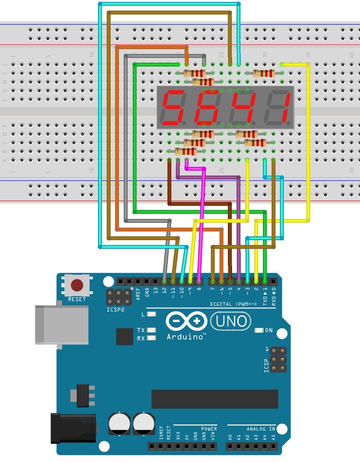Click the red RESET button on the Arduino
pos(77,285)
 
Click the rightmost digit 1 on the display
pos(279,107)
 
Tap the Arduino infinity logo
pos(186,322)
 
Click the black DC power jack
pos(73,427)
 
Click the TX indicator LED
pos(151,330)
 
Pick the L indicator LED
pos(151,314)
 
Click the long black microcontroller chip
pos(215,399)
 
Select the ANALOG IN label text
pos(261,429)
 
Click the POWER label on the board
pos(209,429)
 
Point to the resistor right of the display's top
pos(263,73)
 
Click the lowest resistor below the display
pos(186,151)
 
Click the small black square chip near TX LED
pos(125,336)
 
